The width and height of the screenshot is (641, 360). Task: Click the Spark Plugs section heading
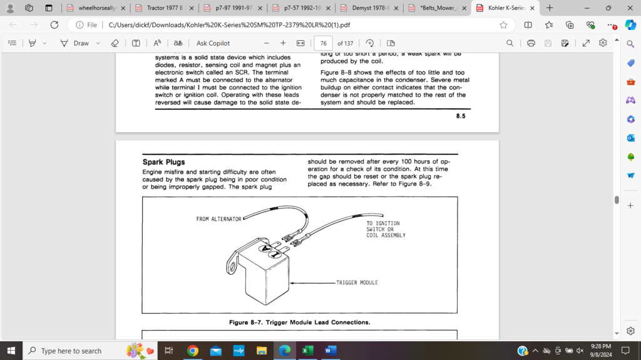pos(163,162)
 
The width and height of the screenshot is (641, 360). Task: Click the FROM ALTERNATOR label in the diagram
pos(218,219)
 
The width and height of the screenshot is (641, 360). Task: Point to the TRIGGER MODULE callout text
pos(357,282)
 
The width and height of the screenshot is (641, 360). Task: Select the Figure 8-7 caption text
pos(299,322)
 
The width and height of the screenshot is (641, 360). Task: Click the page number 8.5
pos(460,116)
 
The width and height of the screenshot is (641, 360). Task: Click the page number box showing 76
pos(323,43)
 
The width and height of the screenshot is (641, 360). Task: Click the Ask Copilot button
pos(213,43)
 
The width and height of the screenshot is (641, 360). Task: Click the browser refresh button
pos(54,25)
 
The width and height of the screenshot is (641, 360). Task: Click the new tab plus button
pos(550,8)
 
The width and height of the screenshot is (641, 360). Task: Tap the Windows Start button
pos(11,351)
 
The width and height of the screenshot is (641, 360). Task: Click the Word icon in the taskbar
pos(330,351)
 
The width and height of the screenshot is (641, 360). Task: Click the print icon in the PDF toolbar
pos(531,43)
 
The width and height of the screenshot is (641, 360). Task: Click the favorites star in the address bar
pos(503,25)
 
